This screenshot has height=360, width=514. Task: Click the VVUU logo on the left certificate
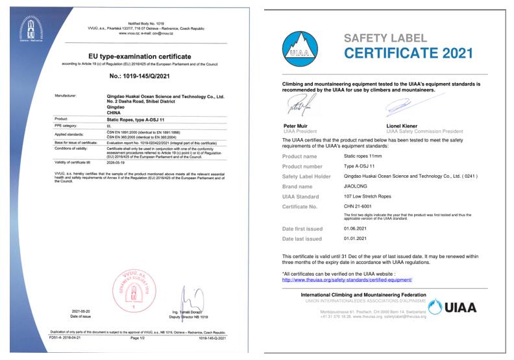pyautogui.click(x=29, y=29)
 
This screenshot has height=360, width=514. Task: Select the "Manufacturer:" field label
pyautogui.click(x=67, y=95)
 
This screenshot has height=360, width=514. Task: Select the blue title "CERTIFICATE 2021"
pyautogui.click(x=408, y=54)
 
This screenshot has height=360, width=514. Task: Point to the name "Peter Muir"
pyautogui.click(x=298, y=125)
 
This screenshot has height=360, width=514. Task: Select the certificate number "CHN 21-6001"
pyautogui.click(x=358, y=206)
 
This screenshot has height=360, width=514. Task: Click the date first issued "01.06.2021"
pyautogui.click(x=356, y=229)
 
